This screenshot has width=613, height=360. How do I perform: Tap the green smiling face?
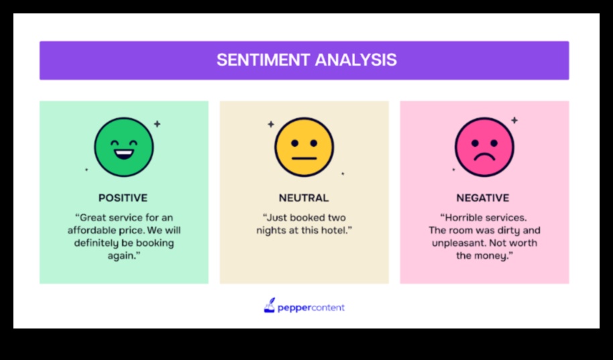pyautogui.click(x=123, y=147)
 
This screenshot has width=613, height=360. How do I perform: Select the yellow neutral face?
pyautogui.click(x=304, y=147)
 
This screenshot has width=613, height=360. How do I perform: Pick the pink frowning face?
pyautogui.click(x=484, y=147)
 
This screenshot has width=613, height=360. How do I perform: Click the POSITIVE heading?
pyautogui.click(x=123, y=198)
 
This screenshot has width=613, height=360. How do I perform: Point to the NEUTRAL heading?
pyautogui.click(x=304, y=198)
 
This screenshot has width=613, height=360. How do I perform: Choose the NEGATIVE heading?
pyautogui.click(x=483, y=198)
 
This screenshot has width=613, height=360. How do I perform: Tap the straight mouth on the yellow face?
pyautogui.click(x=304, y=159)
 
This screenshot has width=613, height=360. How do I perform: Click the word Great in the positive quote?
pyautogui.click(x=94, y=217)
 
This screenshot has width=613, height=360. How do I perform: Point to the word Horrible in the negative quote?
pyautogui.click(x=465, y=217)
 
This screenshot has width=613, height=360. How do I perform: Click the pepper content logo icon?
pyautogui.click(x=269, y=306)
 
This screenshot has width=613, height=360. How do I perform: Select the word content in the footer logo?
pyautogui.click(x=329, y=308)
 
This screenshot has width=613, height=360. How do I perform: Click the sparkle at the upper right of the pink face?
pyautogui.click(x=514, y=121)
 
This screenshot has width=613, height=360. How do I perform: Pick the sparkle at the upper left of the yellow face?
pyautogui.click(x=271, y=124)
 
